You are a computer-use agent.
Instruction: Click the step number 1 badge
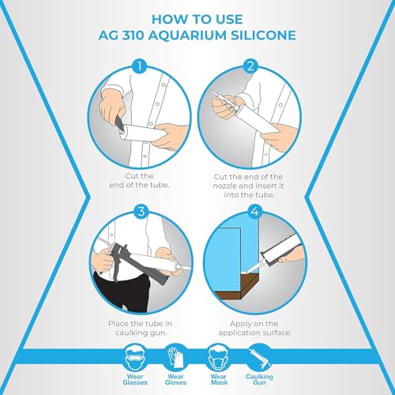[x=140, y=66]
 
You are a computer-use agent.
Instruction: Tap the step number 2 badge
[x=250, y=66]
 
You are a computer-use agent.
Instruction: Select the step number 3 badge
[x=141, y=211]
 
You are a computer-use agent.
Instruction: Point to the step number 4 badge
[x=255, y=212]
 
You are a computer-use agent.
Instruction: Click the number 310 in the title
[x=133, y=36]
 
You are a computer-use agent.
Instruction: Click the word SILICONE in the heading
[x=263, y=36]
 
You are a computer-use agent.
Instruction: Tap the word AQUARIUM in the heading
[x=187, y=36]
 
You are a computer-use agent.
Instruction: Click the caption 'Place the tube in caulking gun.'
[x=140, y=328]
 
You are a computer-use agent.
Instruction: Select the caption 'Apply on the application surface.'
[x=255, y=328]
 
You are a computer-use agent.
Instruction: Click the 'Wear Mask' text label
[x=219, y=379]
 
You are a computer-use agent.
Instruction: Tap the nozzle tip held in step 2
[x=211, y=92]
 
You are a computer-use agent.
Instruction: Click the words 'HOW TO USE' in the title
[x=197, y=20]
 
